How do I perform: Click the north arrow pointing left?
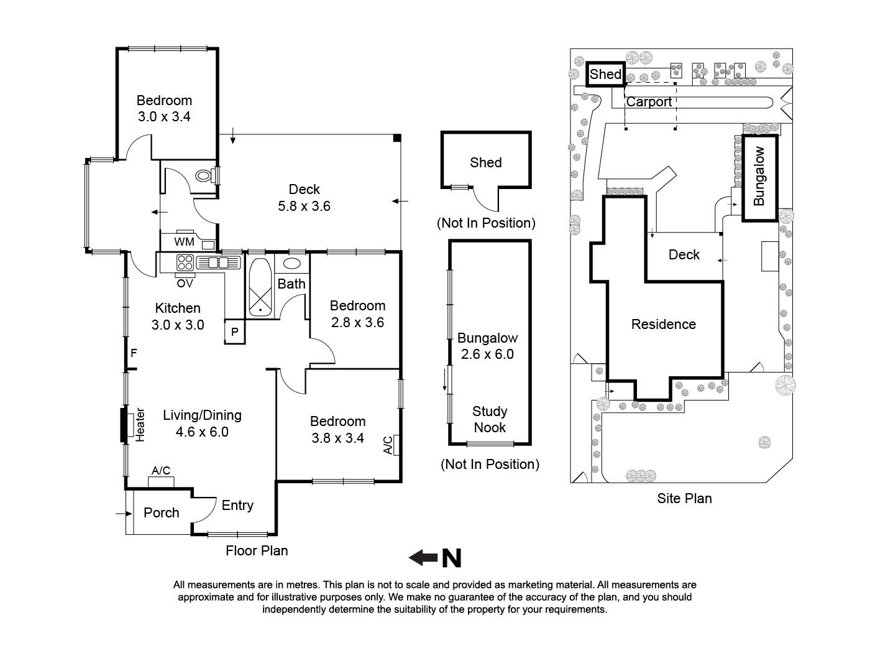tap(424, 558)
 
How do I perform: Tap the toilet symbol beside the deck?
tap(203, 176)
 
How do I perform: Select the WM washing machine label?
tap(184, 242)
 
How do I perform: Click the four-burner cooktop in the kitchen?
tap(185, 262)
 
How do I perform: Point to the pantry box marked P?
tap(235, 332)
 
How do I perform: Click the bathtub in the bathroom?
tap(260, 287)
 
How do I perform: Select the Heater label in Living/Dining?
tap(140, 425)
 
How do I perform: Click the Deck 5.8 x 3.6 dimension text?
tap(304, 206)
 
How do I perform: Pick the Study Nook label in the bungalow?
tap(490, 419)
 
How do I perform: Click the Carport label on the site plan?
tap(648, 102)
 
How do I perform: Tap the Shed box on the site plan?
tap(605, 74)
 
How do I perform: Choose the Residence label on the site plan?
tap(663, 324)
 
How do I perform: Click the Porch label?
tap(161, 512)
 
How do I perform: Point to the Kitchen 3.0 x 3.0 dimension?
tap(178, 325)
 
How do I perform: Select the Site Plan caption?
tap(684, 498)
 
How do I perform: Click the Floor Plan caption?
tap(257, 550)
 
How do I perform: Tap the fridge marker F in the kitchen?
tap(134, 353)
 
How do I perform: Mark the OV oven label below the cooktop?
tap(185, 283)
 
